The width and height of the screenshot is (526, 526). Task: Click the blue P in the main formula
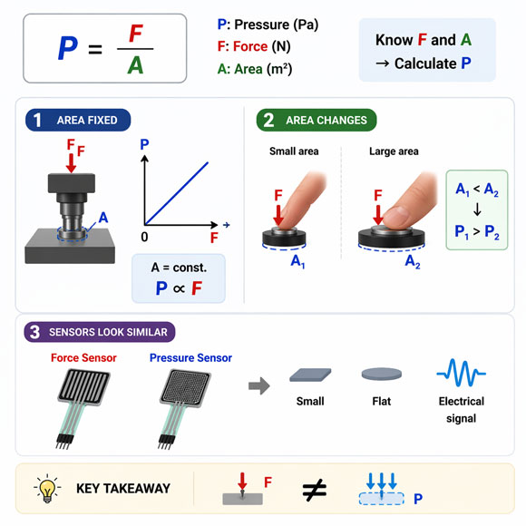tap(66, 48)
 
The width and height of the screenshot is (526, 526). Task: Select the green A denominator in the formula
tap(135, 65)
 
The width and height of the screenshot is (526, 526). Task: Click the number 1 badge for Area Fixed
tap(37, 120)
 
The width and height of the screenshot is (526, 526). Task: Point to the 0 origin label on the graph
tap(143, 237)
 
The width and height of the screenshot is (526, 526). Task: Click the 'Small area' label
tap(294, 151)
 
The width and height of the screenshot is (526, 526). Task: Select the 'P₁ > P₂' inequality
tap(477, 232)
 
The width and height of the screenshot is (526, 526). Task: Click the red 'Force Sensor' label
tap(83, 358)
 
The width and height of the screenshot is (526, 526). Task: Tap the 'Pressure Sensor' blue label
tap(190, 358)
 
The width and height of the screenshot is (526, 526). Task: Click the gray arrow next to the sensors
tap(258, 385)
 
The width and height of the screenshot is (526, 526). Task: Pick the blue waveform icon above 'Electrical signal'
tap(461, 374)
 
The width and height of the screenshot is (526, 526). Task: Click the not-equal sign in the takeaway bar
tap(314, 491)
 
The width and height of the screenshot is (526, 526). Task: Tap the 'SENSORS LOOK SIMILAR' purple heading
tap(109, 332)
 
